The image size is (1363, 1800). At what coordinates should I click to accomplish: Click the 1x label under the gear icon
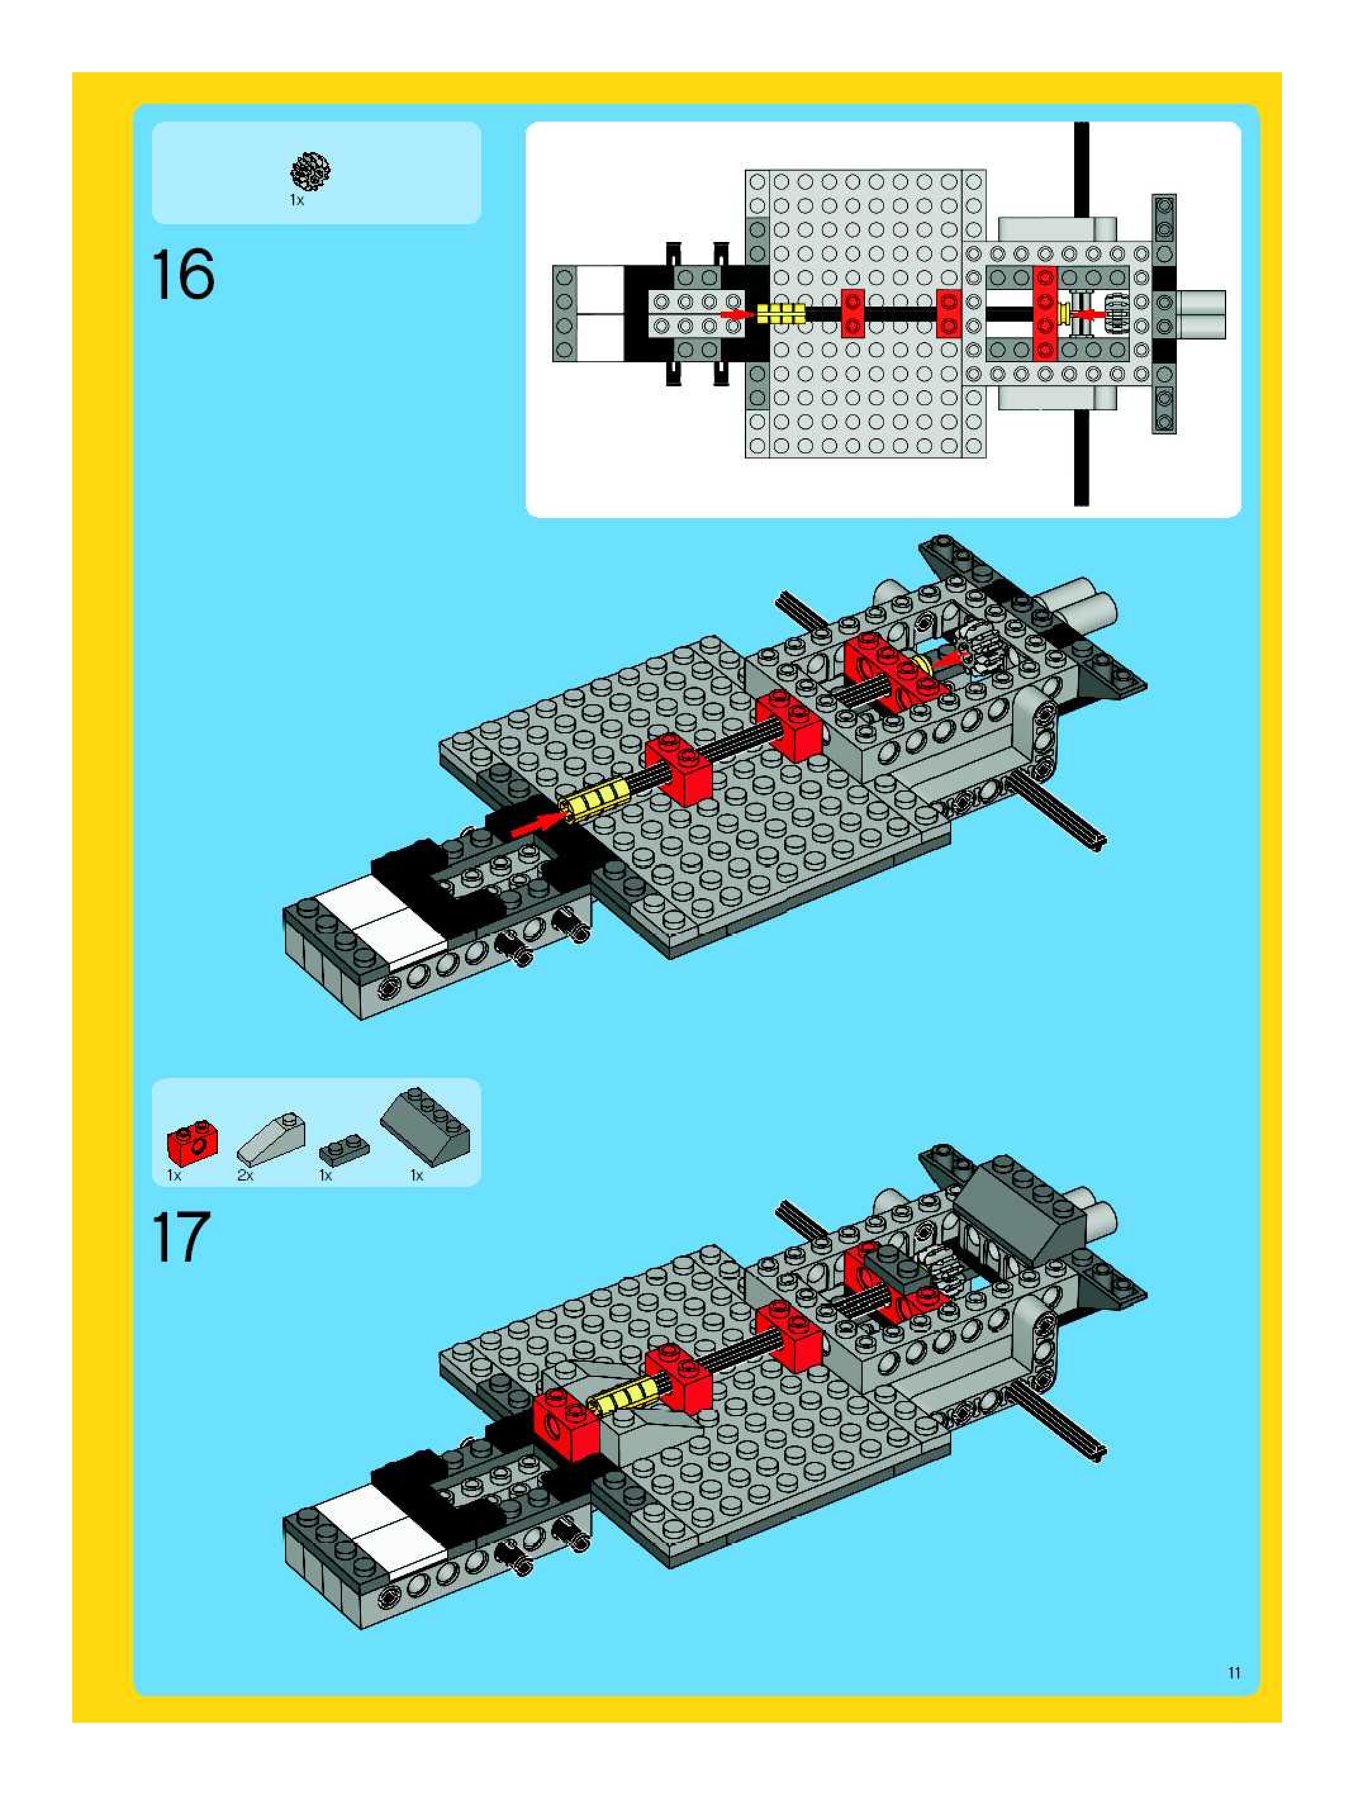tap(296, 200)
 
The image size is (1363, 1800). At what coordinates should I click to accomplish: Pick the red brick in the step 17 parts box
tap(192, 1142)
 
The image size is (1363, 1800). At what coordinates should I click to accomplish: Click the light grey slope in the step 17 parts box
tap(271, 1138)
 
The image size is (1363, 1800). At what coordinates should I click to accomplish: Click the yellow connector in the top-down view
tap(780, 314)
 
